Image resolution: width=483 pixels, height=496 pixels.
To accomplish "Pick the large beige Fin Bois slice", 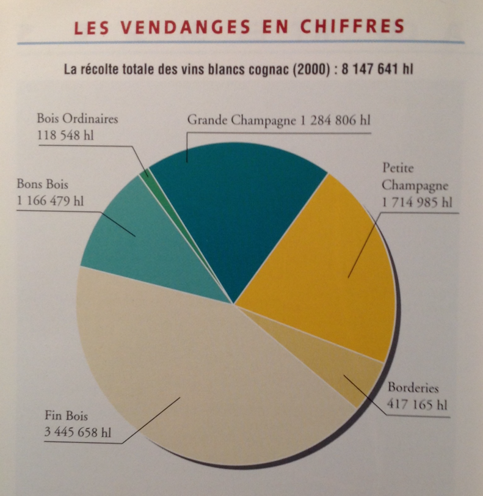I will [202, 379].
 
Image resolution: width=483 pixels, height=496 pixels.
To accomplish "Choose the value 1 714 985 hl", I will [419, 202].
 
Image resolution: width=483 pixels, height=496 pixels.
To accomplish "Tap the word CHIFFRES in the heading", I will [357, 27].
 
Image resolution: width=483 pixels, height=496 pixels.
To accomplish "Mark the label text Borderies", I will [413, 388].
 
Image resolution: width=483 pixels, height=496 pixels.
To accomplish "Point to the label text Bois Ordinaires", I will [77, 118].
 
